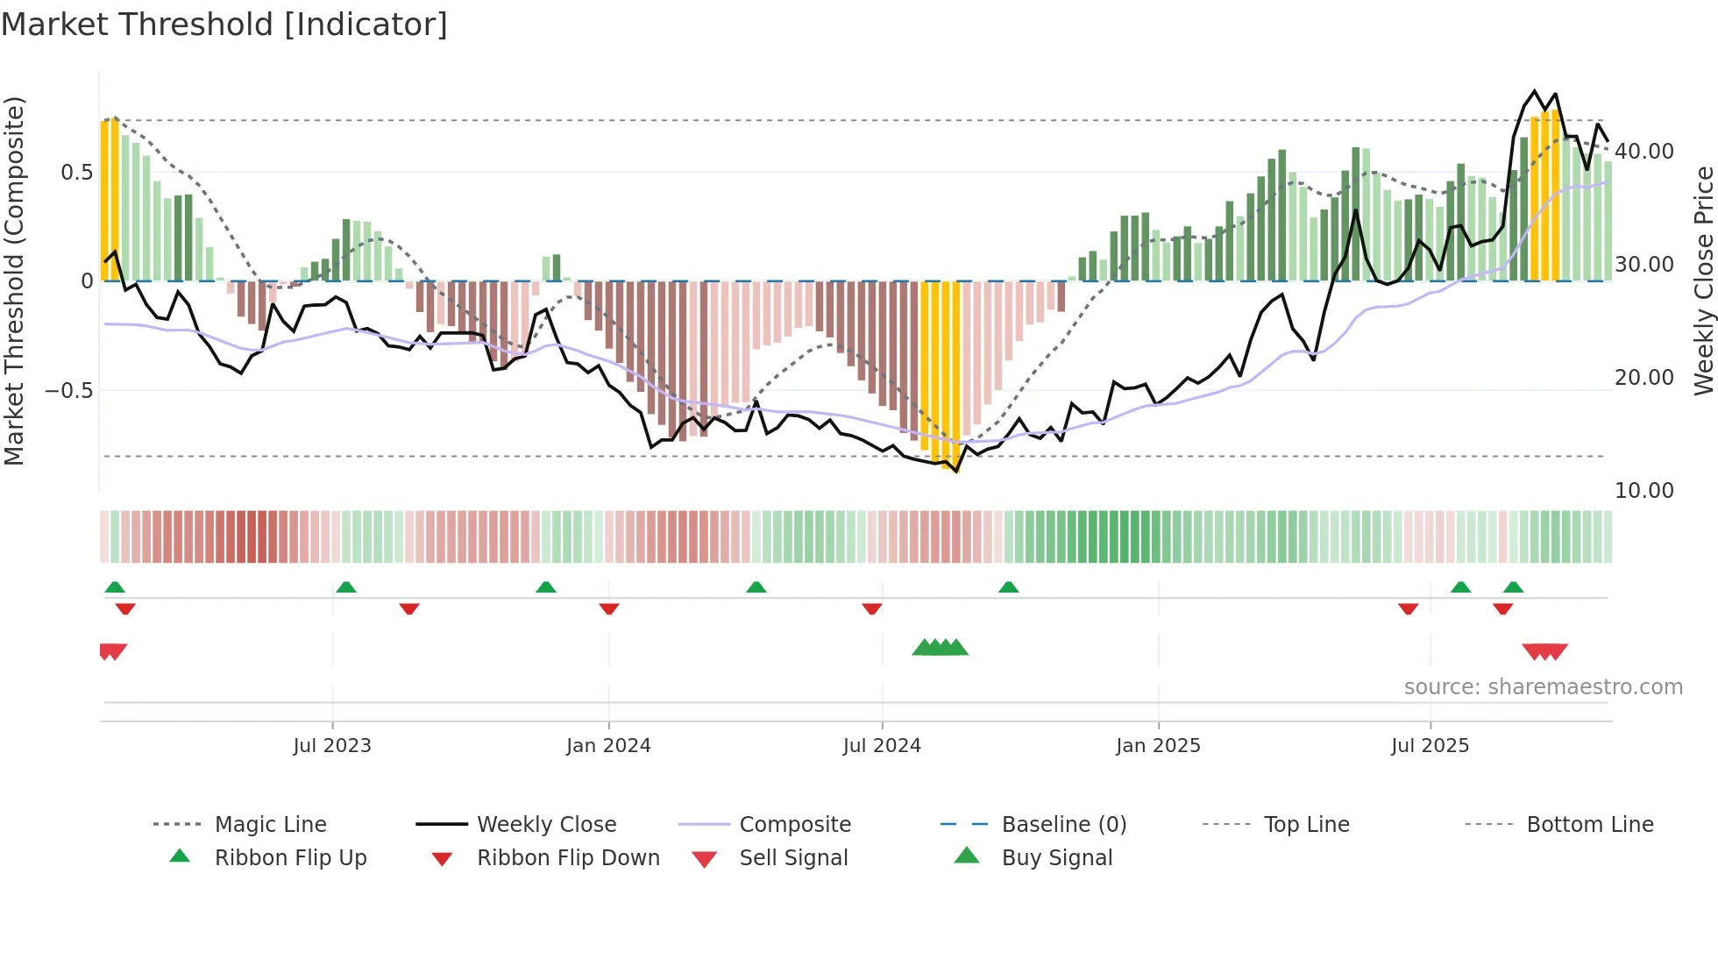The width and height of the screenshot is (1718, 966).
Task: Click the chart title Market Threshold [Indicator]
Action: (224, 25)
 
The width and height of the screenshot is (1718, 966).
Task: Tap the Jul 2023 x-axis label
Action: (332, 746)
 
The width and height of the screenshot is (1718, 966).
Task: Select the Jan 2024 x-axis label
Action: (608, 746)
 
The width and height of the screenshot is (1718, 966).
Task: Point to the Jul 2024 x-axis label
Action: (882, 746)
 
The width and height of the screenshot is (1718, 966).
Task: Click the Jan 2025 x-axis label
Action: (1158, 746)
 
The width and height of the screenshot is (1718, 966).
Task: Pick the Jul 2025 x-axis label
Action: (1430, 746)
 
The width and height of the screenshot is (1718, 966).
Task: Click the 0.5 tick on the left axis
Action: (77, 173)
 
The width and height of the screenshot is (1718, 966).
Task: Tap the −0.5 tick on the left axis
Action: (69, 390)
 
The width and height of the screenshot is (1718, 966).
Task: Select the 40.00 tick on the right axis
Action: (1644, 152)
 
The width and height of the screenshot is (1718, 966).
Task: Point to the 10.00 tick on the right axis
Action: (1644, 491)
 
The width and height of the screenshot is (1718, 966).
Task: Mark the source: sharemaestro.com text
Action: (1543, 687)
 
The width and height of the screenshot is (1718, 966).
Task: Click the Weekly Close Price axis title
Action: (1703, 281)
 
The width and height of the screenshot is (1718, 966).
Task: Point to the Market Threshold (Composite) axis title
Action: (14, 281)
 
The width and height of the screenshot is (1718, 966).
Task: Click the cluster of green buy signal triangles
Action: (940, 648)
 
